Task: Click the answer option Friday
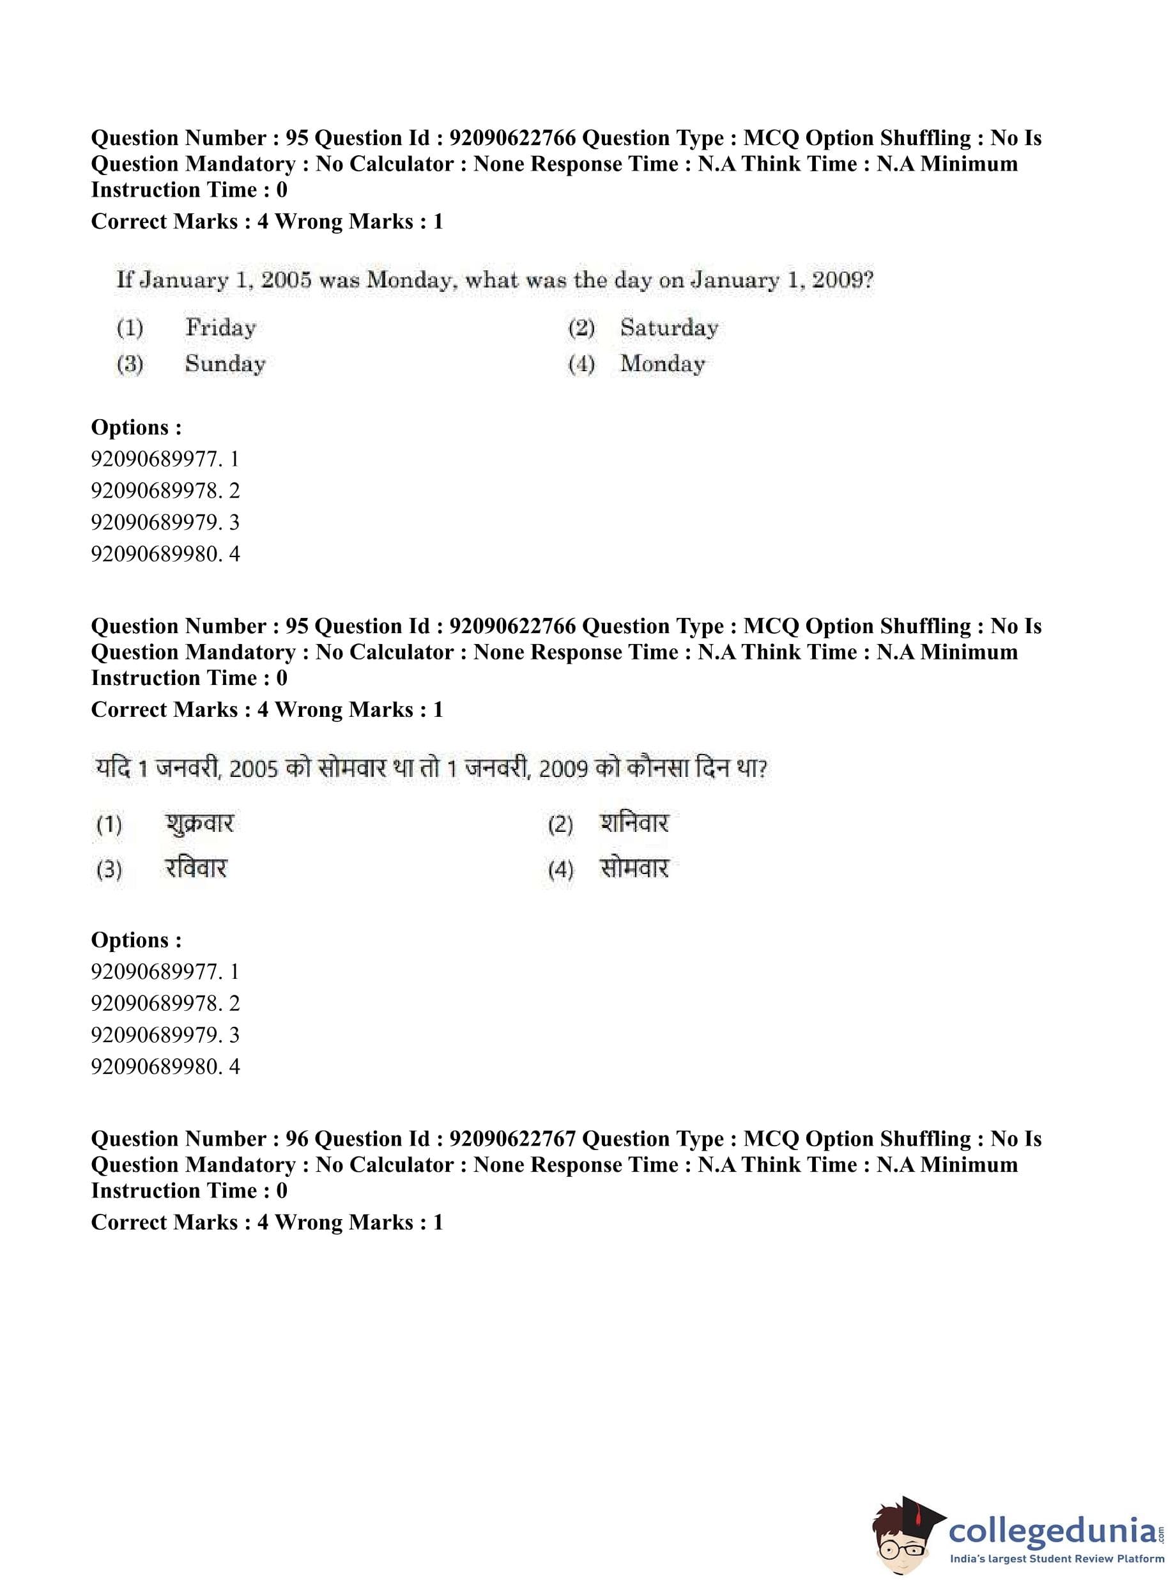221,327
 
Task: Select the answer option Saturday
669,327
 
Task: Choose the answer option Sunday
225,364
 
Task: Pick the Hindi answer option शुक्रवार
199,824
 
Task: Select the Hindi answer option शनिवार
634,824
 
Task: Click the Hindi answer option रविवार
196,868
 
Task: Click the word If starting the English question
125,280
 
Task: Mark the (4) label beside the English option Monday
581,364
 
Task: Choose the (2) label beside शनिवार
560,824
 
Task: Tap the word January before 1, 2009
735,280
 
